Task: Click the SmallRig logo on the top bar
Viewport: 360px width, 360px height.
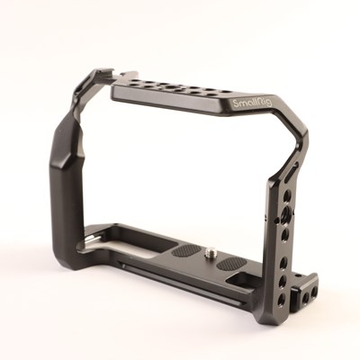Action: pos(252,103)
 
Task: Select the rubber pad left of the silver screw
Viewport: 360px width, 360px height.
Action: pos(186,251)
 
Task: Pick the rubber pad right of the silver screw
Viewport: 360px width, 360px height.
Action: pos(231,263)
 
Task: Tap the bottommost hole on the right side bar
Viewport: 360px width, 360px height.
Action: pos(282,298)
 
